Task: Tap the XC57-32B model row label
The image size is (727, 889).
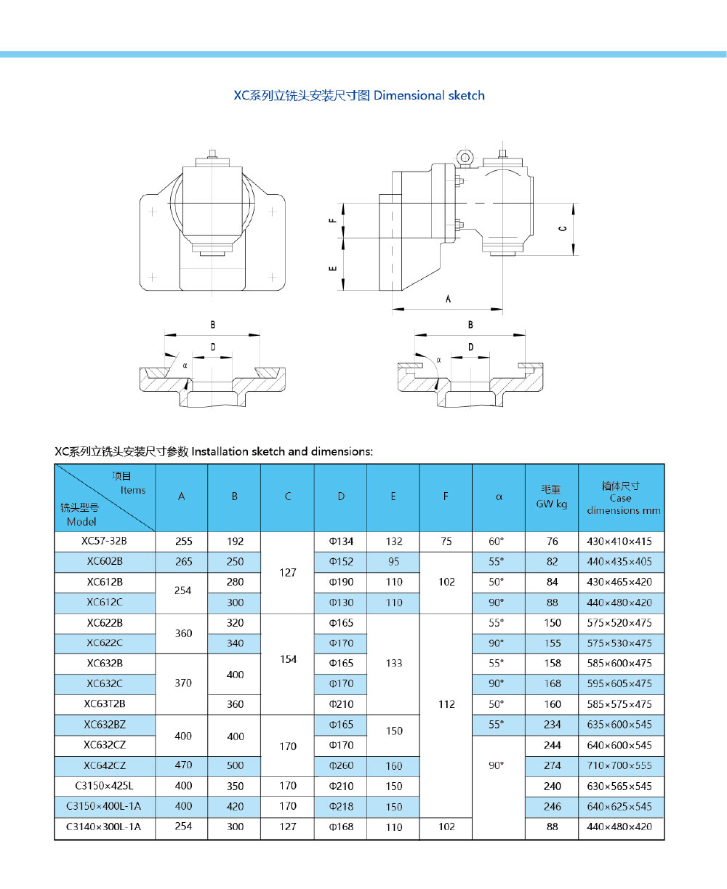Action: (x=105, y=541)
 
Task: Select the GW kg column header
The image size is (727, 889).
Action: (x=551, y=497)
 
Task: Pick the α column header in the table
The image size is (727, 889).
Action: (x=499, y=497)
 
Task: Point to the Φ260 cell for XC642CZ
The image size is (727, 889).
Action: (x=341, y=765)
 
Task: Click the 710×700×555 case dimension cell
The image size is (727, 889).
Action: (x=621, y=765)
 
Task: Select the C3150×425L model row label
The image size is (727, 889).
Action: (x=105, y=786)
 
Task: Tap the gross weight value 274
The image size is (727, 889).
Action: (x=552, y=765)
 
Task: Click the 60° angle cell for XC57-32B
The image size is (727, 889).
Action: (x=498, y=541)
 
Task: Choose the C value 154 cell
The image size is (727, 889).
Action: (x=288, y=659)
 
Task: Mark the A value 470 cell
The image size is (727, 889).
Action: (x=182, y=765)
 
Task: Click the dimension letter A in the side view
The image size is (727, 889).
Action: (x=448, y=299)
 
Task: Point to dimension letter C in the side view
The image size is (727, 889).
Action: (x=562, y=229)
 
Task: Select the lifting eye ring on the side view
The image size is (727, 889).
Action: (x=464, y=157)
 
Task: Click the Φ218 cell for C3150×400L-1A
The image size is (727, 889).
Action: (x=341, y=806)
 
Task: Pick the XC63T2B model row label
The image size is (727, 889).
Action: (x=105, y=704)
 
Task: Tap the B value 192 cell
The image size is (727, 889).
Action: (x=234, y=541)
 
